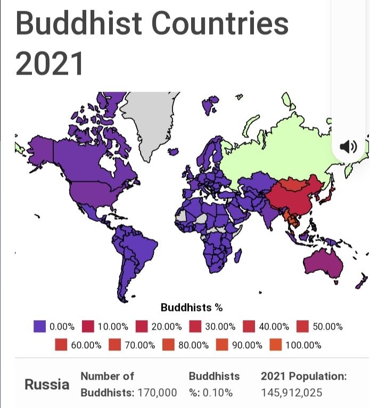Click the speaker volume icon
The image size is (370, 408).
pos(348,146)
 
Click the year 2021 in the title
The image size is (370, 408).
pos(50,62)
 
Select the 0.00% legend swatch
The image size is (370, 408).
pos(39,326)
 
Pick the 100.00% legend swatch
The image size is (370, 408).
pos(276,345)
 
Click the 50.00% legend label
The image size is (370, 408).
pos(328,327)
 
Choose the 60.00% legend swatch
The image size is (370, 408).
pos(61,345)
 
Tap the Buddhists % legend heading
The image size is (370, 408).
pos(191,307)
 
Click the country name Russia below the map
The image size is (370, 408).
pos(47,385)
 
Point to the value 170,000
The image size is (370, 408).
pos(157,393)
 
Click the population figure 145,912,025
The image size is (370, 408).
pos(292,393)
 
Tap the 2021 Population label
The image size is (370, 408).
pos(303,376)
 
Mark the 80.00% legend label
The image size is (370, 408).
pos(193,345)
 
